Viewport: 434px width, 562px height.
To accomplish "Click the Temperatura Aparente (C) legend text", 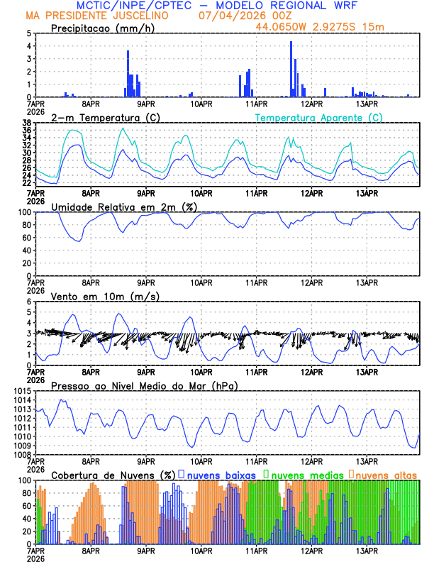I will (x=319, y=117).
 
